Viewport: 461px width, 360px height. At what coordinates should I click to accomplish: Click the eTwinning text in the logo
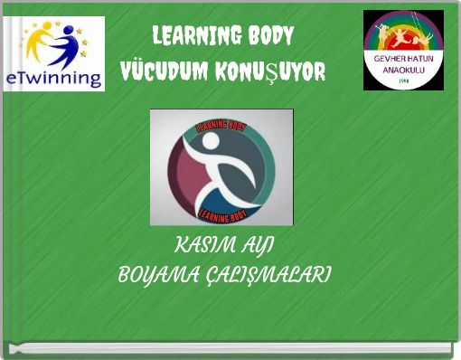[53, 78]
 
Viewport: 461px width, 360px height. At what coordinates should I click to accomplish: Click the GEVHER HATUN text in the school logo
[403, 57]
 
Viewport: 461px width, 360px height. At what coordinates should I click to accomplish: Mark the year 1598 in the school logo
[403, 81]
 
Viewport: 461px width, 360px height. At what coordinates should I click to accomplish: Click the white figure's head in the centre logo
[211, 141]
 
